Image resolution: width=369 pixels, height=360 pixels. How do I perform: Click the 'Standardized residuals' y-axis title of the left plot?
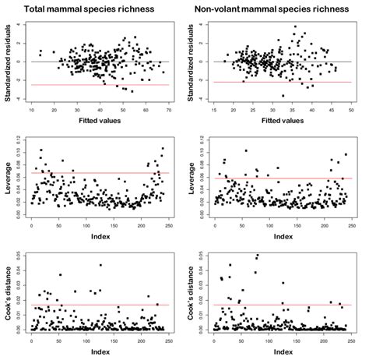coord(7,62)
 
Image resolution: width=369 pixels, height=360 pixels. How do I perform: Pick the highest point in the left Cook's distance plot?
coord(100,265)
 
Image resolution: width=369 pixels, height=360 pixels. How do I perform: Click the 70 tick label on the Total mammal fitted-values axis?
coord(168,111)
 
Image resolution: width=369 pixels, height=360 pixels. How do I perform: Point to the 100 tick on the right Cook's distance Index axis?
coord(269,340)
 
